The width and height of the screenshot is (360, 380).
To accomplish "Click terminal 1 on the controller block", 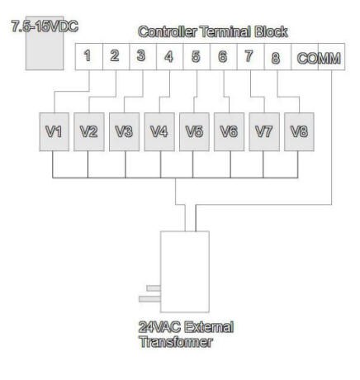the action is pyautogui.click(x=89, y=56).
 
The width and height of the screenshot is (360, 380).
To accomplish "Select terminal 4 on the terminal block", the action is pyautogui.click(x=169, y=56).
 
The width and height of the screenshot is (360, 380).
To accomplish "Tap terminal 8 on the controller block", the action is pyautogui.click(x=277, y=56).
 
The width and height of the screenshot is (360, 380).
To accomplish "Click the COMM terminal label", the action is pyautogui.click(x=319, y=58).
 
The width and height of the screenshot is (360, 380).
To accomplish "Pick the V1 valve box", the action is pyautogui.click(x=54, y=131).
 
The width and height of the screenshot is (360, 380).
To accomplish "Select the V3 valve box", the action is pyautogui.click(x=124, y=131).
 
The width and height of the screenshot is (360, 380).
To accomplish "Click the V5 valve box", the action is pyautogui.click(x=194, y=131).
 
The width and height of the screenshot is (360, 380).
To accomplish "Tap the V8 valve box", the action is pyautogui.click(x=299, y=131).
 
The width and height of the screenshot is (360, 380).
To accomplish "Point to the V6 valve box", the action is pyautogui.click(x=229, y=131).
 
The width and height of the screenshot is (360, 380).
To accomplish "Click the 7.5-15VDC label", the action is pyautogui.click(x=45, y=26).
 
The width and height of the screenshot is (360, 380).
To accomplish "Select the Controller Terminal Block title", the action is pyautogui.click(x=213, y=31).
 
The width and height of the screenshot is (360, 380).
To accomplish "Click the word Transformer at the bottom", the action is pyautogui.click(x=176, y=342).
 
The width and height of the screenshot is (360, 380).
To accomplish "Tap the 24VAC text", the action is pyautogui.click(x=159, y=327).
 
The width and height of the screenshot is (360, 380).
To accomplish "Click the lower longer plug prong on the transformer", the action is pyautogui.click(x=149, y=299).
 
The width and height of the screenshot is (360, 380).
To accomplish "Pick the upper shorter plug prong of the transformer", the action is pyautogui.click(x=154, y=288).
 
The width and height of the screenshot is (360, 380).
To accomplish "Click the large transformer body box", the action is pyautogui.click(x=185, y=272).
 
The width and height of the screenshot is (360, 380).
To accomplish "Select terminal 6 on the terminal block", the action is pyautogui.click(x=224, y=56).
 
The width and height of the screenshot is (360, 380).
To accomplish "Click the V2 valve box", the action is pyautogui.click(x=89, y=131).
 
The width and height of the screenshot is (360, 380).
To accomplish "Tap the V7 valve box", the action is pyautogui.click(x=264, y=131).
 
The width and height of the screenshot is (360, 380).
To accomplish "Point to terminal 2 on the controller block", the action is pyautogui.click(x=116, y=56).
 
